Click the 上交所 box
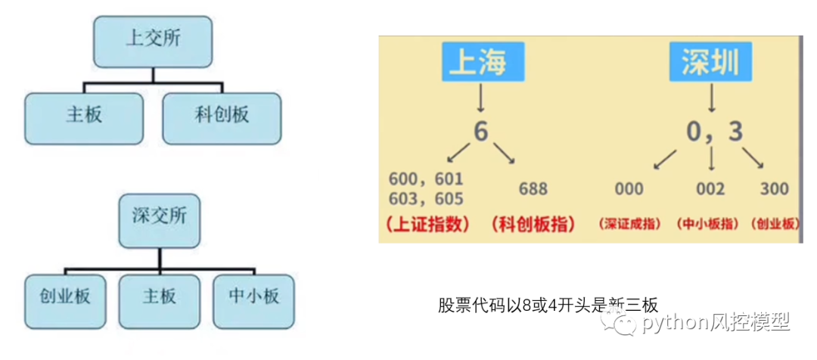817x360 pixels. pyautogui.click(x=153, y=40)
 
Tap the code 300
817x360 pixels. pyautogui.click(x=774, y=188)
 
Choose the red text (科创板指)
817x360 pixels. pyautogui.click(x=533, y=225)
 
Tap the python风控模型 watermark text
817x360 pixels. pyautogui.click(x=715, y=324)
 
